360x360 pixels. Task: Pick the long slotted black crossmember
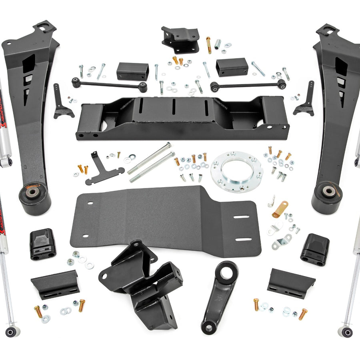182,118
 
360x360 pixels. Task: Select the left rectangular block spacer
132,71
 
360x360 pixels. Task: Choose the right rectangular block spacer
232,67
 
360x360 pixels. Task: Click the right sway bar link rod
248,84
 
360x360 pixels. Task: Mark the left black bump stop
42,244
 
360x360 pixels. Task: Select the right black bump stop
315,249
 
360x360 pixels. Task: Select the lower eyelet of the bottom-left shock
12,332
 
